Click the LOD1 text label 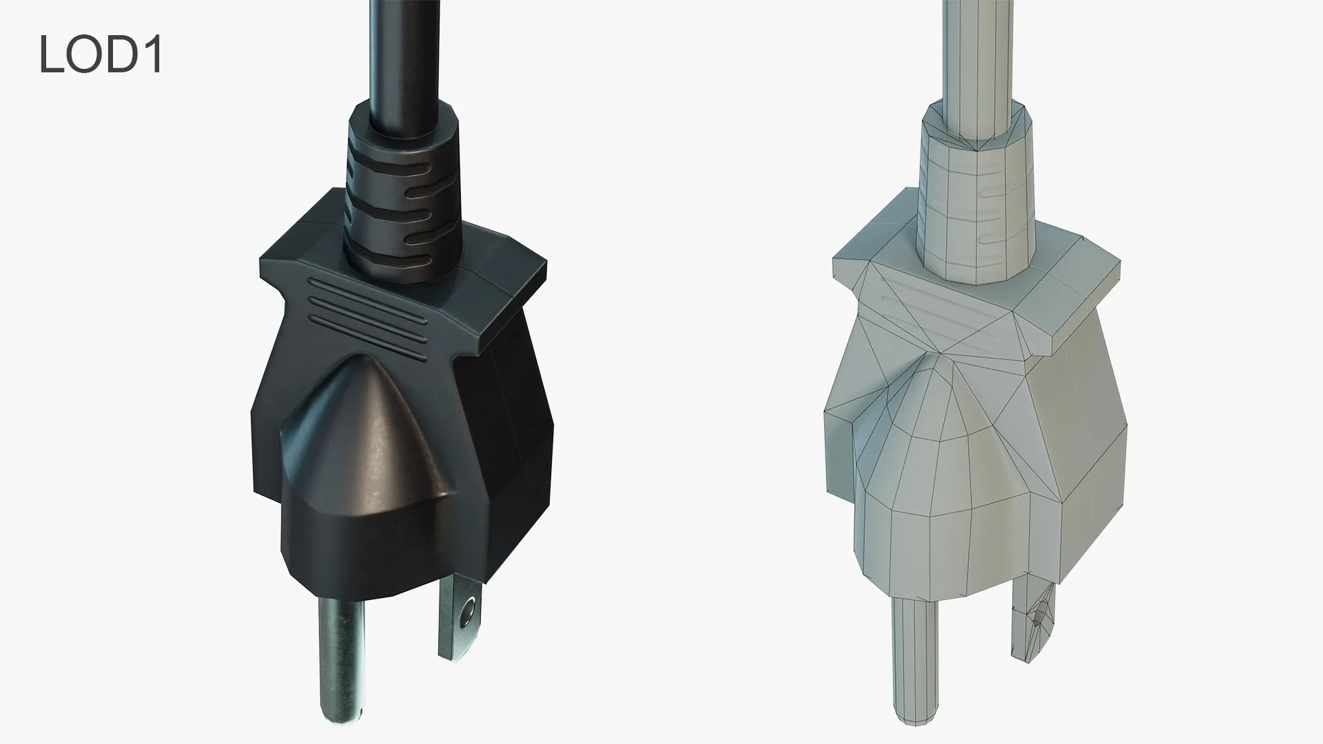(101, 55)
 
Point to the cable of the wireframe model (978, 48)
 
